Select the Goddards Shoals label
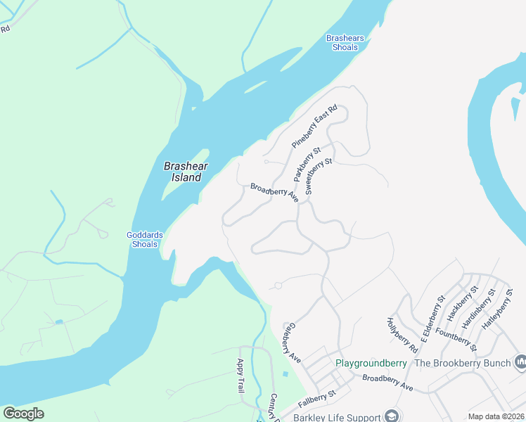coord(144,240)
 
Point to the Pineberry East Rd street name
coord(315,126)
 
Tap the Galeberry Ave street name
coord(293,343)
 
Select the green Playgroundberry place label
coord(371,363)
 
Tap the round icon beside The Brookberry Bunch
coord(521,362)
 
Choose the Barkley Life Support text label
coord(338,417)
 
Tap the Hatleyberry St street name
coord(494,308)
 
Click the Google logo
coord(23,413)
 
